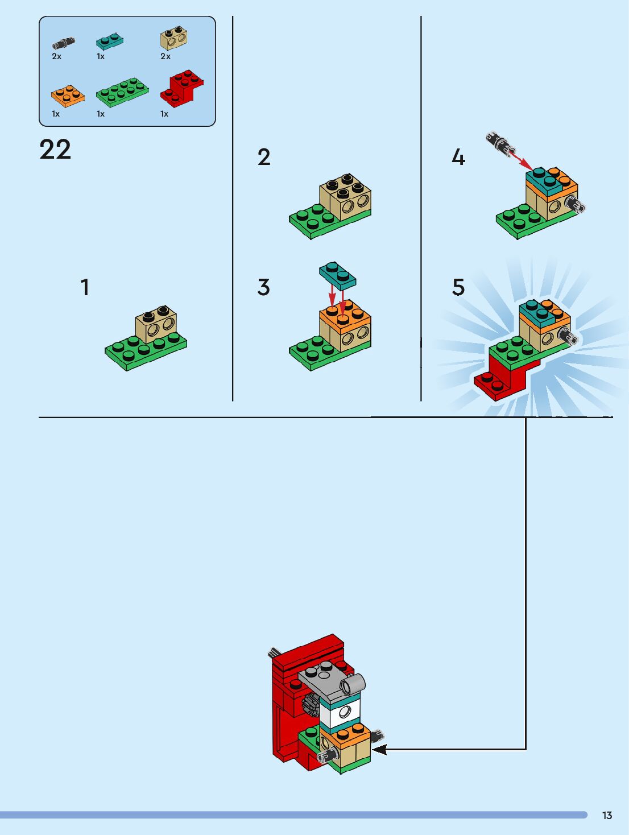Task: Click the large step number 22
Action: pos(55,149)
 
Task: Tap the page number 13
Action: pos(607,815)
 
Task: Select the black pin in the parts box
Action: pos(64,43)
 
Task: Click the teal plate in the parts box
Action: pos(110,42)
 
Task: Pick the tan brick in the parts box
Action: pos(174,38)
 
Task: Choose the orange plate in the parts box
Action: pos(68,96)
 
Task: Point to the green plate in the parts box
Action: pos(122,92)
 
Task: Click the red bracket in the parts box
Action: pos(182,88)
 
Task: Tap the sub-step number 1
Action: pos(85,287)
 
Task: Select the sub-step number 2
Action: pos(264,157)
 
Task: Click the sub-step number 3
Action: pos(263,287)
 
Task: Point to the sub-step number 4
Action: pos(458,157)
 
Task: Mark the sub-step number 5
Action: pos(458,287)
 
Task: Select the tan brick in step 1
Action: pos(156,324)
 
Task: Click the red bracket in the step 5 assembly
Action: pos(504,377)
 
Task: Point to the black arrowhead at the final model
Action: pos(379,750)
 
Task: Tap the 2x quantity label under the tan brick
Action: pos(165,56)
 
